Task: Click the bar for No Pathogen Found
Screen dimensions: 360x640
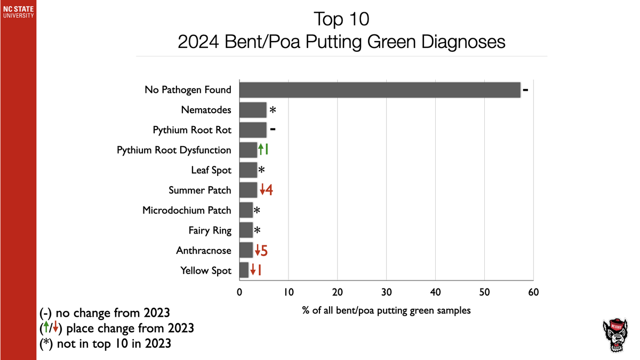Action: [380, 90]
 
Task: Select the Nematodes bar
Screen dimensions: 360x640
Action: [253, 110]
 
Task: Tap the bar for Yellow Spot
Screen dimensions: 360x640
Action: [244, 270]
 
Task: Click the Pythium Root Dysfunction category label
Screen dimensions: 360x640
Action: [174, 150]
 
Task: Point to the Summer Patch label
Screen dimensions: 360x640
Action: [200, 190]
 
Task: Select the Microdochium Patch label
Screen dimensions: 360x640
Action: [187, 210]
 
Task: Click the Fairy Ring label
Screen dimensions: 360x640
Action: [210, 230]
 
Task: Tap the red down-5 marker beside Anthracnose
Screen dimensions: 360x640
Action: [260, 250]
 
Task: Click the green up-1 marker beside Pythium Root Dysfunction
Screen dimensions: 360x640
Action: [263, 150]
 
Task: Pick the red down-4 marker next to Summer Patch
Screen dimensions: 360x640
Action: [266, 190]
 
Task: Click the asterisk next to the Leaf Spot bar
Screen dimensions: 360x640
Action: [261, 171]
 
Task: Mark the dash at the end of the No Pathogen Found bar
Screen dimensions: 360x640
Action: [525, 90]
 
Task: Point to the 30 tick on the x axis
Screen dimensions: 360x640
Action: [386, 292]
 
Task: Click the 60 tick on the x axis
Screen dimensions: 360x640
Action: [533, 292]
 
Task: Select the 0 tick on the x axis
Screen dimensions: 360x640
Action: [239, 292]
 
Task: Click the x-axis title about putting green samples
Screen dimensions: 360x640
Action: [386, 310]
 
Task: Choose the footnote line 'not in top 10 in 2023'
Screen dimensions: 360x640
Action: [106, 343]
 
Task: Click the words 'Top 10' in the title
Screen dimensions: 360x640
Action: [341, 19]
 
